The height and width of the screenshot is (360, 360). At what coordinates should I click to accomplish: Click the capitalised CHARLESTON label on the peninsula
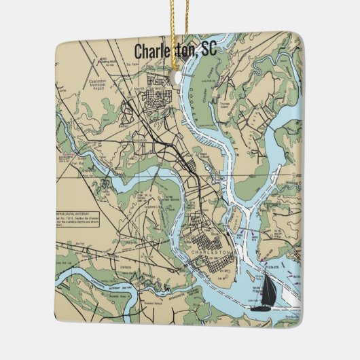[x=213, y=252]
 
